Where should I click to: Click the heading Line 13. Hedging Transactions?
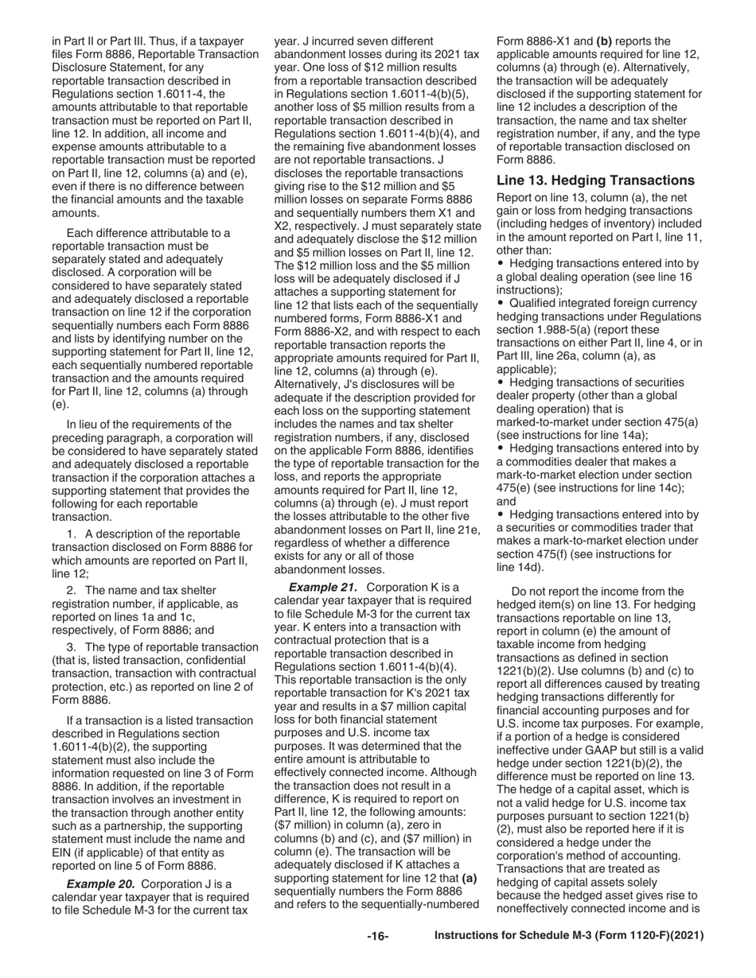tap(595, 180)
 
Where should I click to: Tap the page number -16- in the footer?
tap(377, 937)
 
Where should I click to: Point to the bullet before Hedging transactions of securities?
tap(500, 382)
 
